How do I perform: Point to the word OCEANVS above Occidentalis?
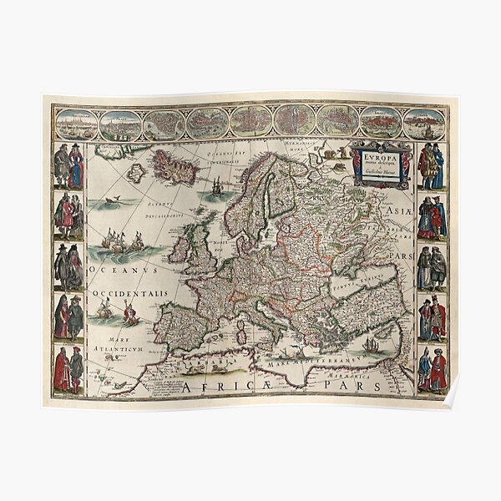click(x=114, y=270)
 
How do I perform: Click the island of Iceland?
click(x=174, y=171)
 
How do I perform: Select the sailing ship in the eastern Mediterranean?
click(x=370, y=345)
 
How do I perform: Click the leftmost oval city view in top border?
click(x=74, y=124)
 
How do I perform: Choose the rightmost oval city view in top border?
click(x=424, y=124)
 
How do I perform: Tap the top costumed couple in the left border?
click(x=68, y=165)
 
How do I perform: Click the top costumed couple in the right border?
click(x=432, y=165)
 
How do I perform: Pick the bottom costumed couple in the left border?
click(x=68, y=370)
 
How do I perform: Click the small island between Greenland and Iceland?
click(x=135, y=171)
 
